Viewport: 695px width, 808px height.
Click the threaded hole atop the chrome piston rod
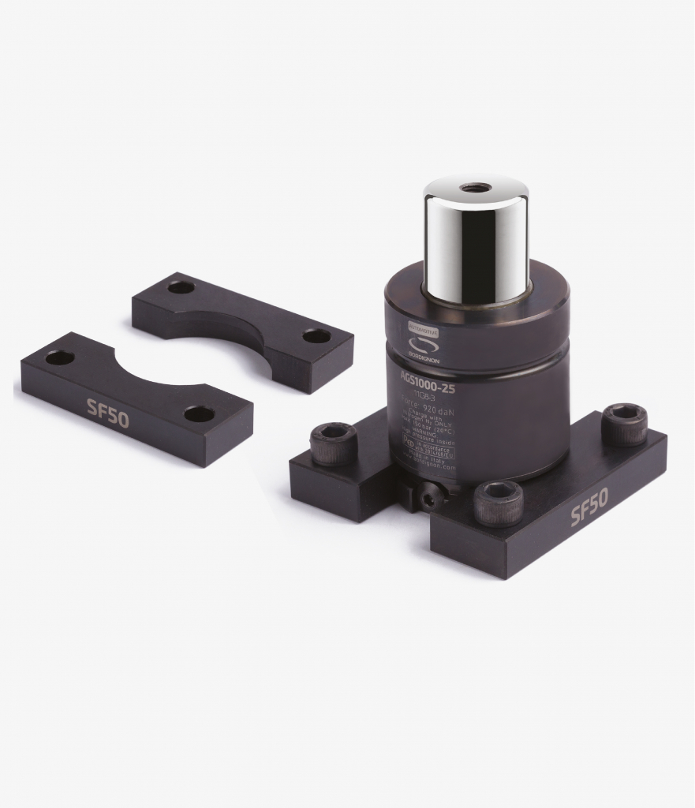point(476,188)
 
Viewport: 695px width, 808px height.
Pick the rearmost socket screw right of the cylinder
point(624,424)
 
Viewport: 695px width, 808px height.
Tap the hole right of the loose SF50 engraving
point(199,413)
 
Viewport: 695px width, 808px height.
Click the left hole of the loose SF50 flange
point(60,357)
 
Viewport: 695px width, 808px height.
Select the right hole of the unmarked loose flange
point(316,336)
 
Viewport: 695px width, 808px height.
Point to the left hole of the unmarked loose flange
point(181,286)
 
